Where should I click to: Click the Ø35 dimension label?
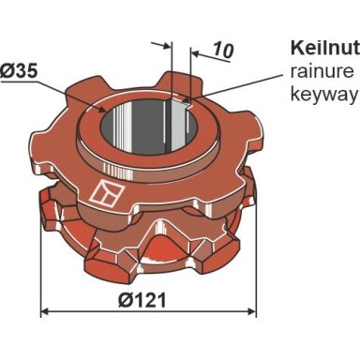[x=19, y=71]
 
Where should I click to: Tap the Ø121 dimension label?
[x=142, y=301]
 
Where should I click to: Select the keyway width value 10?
[x=223, y=50]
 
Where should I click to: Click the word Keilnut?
[x=325, y=49]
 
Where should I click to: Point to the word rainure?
[x=322, y=72]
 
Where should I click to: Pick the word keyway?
[x=323, y=95]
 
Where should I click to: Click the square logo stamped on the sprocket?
[x=107, y=194]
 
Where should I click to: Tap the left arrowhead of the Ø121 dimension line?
[x=45, y=311]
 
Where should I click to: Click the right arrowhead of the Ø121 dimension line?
[x=252, y=311]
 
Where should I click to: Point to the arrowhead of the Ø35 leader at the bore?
[x=103, y=110]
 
